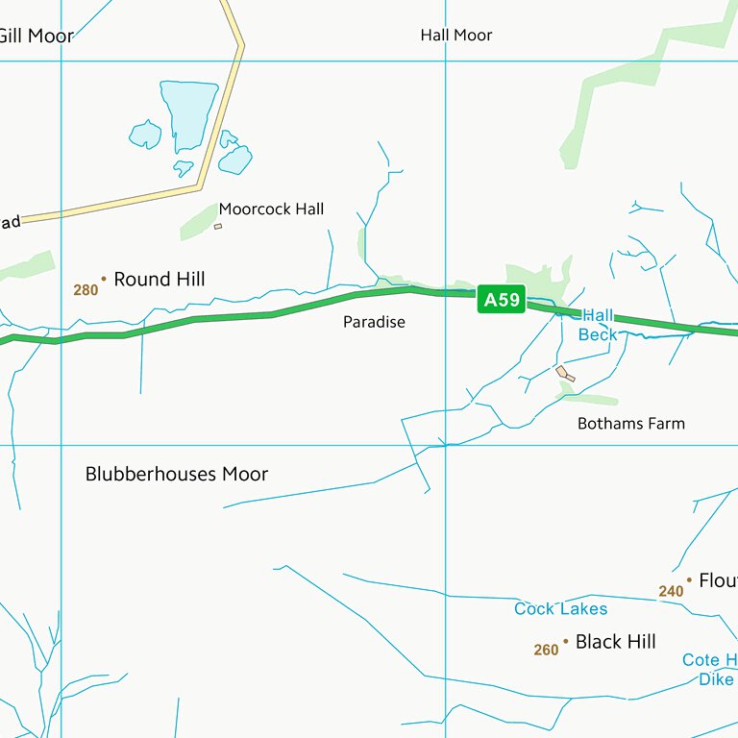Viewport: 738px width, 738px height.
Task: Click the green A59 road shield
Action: [x=501, y=301]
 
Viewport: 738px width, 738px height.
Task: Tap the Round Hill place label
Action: [x=159, y=280]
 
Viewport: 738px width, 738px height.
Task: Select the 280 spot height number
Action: [x=86, y=289]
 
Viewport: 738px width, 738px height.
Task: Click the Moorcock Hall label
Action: [x=271, y=209]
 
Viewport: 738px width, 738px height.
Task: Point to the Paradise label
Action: [x=374, y=322]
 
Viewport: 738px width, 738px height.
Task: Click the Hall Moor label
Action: [x=455, y=36]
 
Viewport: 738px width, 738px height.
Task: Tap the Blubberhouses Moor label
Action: [x=177, y=474]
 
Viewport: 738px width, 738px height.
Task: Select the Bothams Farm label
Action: [x=630, y=423]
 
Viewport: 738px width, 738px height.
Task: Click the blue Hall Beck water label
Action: [x=597, y=326]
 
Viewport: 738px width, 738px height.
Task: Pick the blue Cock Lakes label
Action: [x=560, y=608]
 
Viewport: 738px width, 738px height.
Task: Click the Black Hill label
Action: [x=615, y=641]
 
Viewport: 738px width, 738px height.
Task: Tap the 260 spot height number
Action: [x=546, y=651]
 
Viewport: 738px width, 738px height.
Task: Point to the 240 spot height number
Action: [x=671, y=591]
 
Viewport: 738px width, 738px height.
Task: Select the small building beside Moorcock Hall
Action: [x=218, y=227]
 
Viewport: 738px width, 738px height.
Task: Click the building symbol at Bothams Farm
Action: [x=565, y=373]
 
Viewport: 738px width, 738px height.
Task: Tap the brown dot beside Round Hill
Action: [x=104, y=279]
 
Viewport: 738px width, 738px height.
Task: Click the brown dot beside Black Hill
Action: [x=565, y=640]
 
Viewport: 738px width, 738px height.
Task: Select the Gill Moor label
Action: [x=37, y=37]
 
